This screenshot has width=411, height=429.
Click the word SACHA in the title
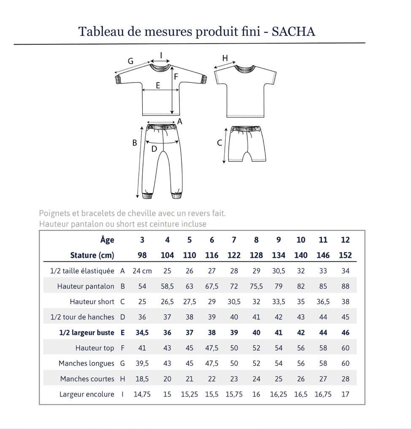(293, 32)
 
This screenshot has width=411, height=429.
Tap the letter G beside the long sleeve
(130, 61)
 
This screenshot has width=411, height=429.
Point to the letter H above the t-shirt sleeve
(225, 58)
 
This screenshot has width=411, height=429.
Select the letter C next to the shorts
(219, 143)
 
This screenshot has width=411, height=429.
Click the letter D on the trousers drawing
(154, 149)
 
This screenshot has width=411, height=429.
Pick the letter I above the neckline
(161, 55)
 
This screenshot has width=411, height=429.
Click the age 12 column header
(345, 240)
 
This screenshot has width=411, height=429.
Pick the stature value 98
(142, 255)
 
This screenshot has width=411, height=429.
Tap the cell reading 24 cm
(142, 271)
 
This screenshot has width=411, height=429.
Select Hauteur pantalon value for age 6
(212, 286)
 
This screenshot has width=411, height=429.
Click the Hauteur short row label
(92, 302)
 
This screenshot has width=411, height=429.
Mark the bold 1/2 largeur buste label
(87, 332)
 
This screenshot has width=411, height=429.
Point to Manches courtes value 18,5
(142, 379)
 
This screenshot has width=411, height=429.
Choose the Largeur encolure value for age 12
(345, 394)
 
